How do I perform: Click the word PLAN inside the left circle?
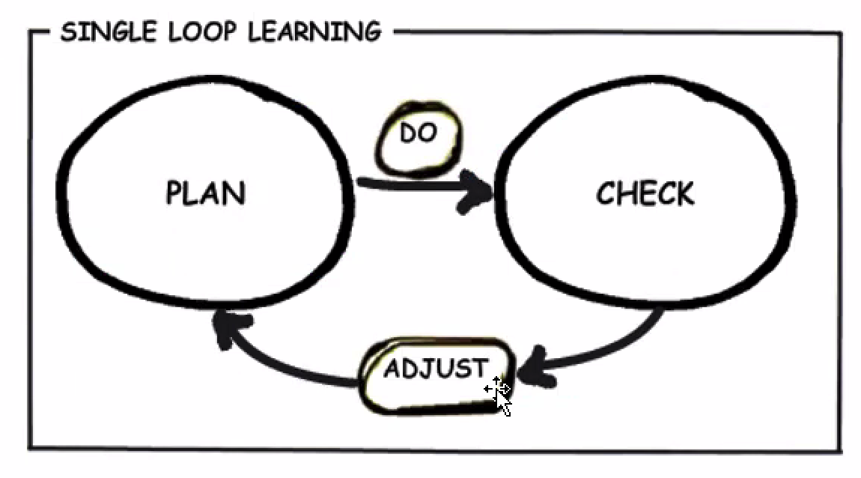pos(205,193)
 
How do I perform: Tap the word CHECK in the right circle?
pos(645,194)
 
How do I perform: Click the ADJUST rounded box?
pos(437,374)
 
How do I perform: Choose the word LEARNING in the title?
pos(314,32)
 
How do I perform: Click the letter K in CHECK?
pos(684,194)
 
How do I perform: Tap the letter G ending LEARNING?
pos(371,32)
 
